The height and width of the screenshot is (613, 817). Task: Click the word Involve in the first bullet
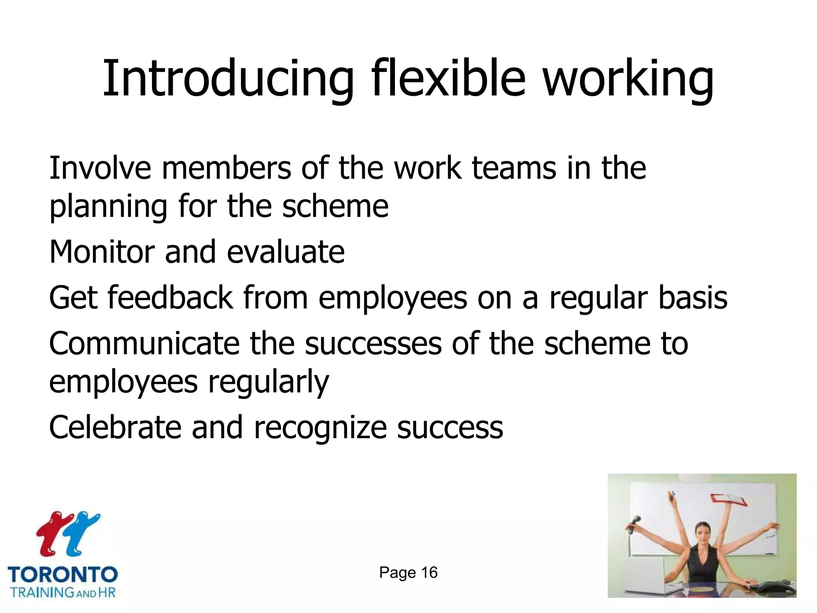coord(100,168)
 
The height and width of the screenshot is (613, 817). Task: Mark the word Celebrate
coord(115,427)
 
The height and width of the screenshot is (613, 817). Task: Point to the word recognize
coord(320,427)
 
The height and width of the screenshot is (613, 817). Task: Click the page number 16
coord(429,573)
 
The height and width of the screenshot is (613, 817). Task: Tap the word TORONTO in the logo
coord(63,575)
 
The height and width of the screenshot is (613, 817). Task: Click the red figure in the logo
coord(52,533)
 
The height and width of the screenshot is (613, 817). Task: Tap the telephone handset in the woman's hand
coord(635,522)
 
